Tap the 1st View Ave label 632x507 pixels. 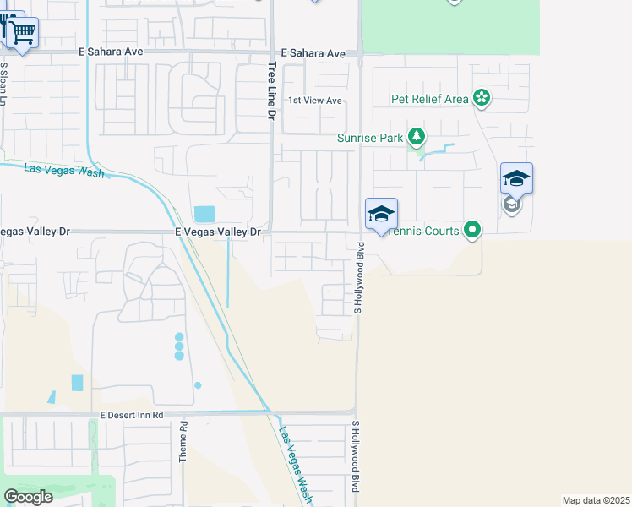pyautogui.click(x=315, y=101)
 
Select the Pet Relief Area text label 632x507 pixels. pyautogui.click(x=429, y=99)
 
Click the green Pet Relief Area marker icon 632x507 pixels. pyautogui.click(x=481, y=98)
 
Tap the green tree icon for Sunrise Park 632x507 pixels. pyautogui.click(x=415, y=136)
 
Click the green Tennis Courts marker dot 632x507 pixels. pyautogui.click(x=472, y=229)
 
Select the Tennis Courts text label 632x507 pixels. pyautogui.click(x=425, y=231)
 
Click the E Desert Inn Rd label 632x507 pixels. pyautogui.click(x=131, y=415)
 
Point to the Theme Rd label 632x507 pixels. pyautogui.click(x=183, y=441)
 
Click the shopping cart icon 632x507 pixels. pyautogui.click(x=23, y=32)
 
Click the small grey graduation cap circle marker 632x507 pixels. pyautogui.click(x=511, y=204)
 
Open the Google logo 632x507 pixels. pyautogui.click(x=29, y=496)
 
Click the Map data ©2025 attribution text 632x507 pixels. pyautogui.click(x=597, y=500)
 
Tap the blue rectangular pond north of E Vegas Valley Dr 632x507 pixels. pyautogui.click(x=204, y=214)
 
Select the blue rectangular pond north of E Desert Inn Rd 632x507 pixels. pyautogui.click(x=78, y=382)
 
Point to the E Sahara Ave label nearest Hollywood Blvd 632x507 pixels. pyautogui.click(x=313, y=53)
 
